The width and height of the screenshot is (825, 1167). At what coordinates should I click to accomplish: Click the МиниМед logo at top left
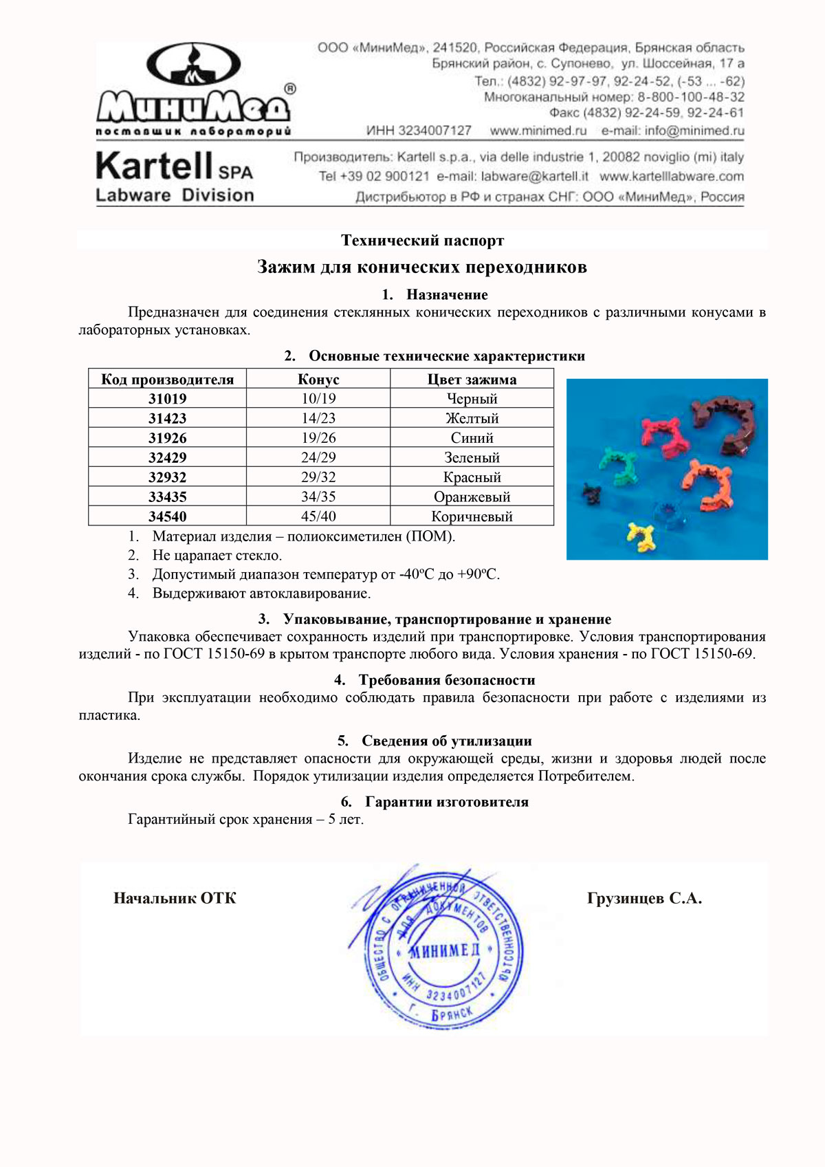coord(193,89)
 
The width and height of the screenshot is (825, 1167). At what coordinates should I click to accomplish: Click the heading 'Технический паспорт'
coord(422,241)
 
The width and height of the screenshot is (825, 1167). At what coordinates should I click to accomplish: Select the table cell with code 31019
coord(167,399)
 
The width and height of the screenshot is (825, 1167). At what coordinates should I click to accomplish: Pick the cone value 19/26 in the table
coord(318,438)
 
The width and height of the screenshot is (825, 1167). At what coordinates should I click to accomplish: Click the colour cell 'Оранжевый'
coord(472,497)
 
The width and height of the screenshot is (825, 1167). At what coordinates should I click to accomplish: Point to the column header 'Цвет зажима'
coord(472,380)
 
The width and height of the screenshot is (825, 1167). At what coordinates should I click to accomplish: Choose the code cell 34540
coord(167,516)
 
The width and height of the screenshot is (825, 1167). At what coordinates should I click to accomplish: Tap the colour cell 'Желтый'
coord(472,418)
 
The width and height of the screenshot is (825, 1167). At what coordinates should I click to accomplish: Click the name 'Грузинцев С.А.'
coord(644,898)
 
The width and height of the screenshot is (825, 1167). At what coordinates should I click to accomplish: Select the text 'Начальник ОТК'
coord(175,898)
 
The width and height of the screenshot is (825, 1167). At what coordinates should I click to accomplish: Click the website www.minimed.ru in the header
coord(538,131)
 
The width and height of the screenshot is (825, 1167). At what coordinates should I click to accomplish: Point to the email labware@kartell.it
coord(534,177)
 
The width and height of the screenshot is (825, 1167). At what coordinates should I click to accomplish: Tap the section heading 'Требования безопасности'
coord(446,680)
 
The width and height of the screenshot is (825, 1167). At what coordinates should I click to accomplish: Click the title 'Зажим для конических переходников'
coord(422,267)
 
